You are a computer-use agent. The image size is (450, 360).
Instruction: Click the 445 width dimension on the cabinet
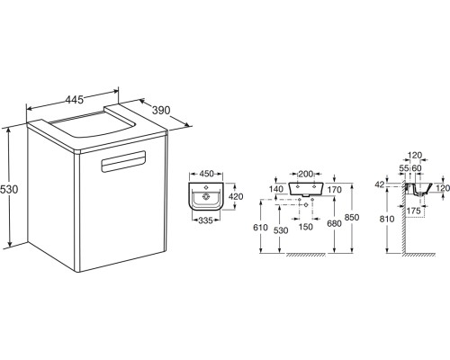pyautogui.click(x=75, y=99)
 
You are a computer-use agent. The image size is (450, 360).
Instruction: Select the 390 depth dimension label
pyautogui.click(x=161, y=110)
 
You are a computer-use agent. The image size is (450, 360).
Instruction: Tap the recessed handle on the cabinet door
pyautogui.click(x=123, y=161)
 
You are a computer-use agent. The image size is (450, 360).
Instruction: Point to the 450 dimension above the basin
pyautogui.click(x=206, y=174)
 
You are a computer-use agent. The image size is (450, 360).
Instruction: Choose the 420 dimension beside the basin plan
pyautogui.click(x=236, y=196)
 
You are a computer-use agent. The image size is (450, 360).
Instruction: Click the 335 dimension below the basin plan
pyautogui.click(x=205, y=220)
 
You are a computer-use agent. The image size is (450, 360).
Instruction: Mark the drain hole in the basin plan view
pyautogui.click(x=206, y=197)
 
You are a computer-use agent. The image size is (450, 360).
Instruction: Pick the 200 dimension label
pyautogui.click(x=305, y=174)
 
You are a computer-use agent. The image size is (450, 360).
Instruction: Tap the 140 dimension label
pyautogui.click(x=276, y=189)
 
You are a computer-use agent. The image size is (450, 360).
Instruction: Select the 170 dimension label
pyautogui.click(x=334, y=190)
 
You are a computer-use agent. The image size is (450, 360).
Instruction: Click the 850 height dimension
pyautogui.click(x=352, y=217)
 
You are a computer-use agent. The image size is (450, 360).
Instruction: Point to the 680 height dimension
pyautogui.click(x=334, y=223)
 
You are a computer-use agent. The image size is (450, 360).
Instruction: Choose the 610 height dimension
pyautogui.click(x=260, y=228)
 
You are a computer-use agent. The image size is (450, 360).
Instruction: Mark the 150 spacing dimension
pyautogui.click(x=306, y=227)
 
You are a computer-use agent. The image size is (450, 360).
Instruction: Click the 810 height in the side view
pyautogui.click(x=387, y=219)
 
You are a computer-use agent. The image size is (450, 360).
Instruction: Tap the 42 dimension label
pyautogui.click(x=380, y=184)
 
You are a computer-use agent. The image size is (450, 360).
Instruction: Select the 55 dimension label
pyautogui.click(x=404, y=168)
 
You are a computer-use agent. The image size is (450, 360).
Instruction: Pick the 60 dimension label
pyautogui.click(x=417, y=168)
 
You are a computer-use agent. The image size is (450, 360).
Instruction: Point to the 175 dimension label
pyautogui.click(x=414, y=211)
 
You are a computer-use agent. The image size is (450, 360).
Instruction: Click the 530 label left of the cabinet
pyautogui.click(x=9, y=189)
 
